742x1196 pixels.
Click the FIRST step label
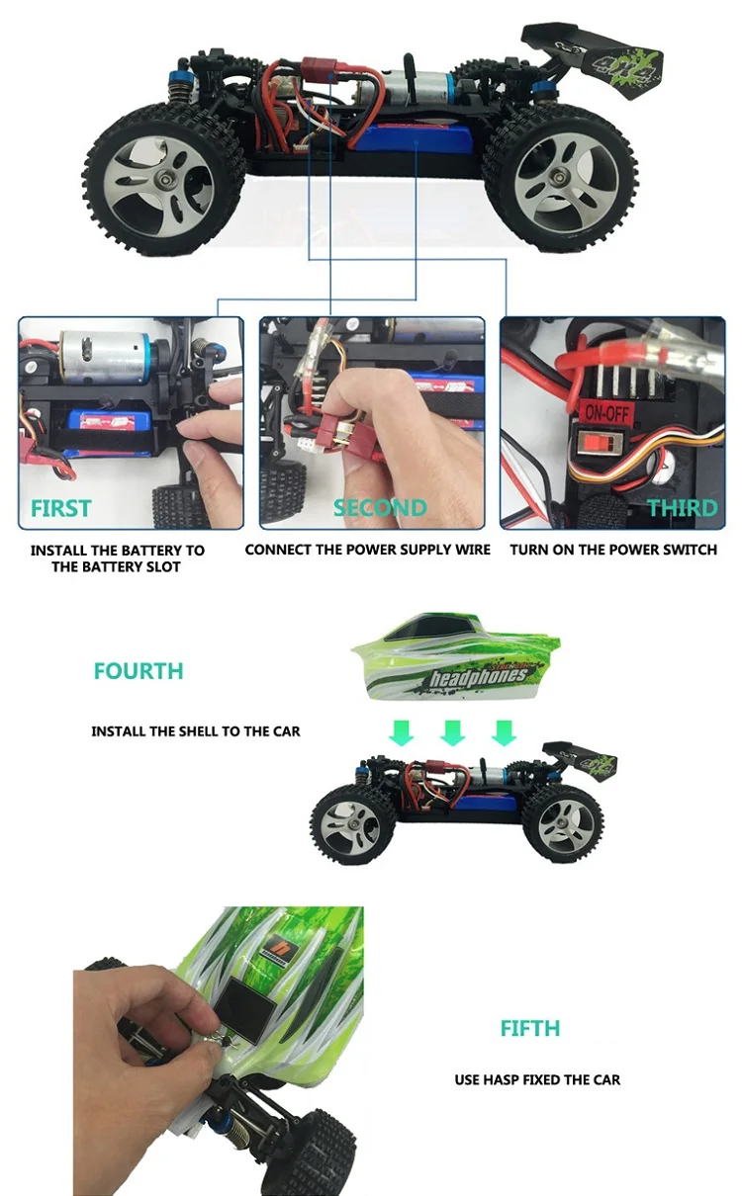[x=60, y=508]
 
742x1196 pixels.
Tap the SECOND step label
[x=380, y=508]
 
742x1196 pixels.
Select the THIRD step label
[x=682, y=508]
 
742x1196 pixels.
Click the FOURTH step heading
[x=139, y=671]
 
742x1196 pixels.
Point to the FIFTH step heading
[x=530, y=1029]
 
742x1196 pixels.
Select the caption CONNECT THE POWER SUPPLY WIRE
[x=368, y=550]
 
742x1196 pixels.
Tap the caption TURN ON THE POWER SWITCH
[x=613, y=550]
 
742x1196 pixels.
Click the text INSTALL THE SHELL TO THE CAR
[x=196, y=731]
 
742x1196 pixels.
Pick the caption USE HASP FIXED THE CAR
[x=537, y=1079]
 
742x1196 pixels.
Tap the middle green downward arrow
[x=453, y=732]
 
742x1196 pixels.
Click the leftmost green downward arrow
[x=402, y=732]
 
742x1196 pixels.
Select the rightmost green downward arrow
[x=505, y=732]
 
